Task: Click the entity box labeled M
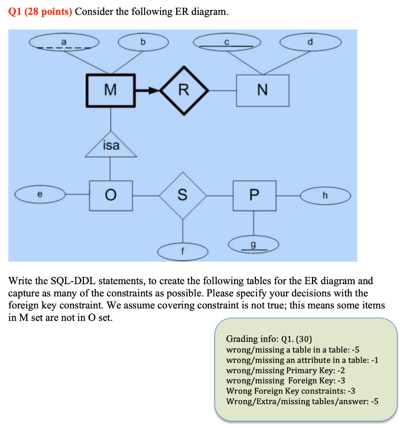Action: tap(111, 89)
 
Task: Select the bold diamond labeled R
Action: tap(183, 90)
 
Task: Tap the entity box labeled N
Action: tap(262, 90)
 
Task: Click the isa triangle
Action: tap(111, 147)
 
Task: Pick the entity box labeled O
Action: tap(111, 195)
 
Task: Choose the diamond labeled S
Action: tap(183, 195)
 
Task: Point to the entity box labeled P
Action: tap(254, 195)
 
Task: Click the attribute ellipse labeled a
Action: tap(64, 43)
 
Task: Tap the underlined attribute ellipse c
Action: tap(227, 43)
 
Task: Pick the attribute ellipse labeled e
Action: tap(40, 194)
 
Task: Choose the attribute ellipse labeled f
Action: tap(183, 252)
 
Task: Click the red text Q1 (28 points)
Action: tap(40, 12)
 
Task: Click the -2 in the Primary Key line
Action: tap(340, 370)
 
